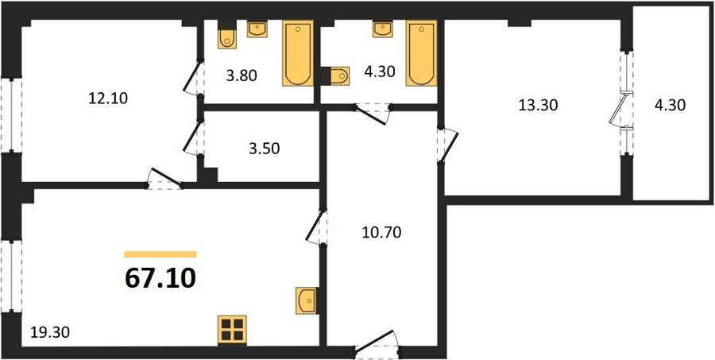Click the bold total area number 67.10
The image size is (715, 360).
click(x=160, y=278)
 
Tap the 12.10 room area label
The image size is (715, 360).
click(x=108, y=98)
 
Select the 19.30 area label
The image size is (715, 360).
click(x=50, y=333)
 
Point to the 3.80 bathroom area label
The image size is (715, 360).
click(x=242, y=75)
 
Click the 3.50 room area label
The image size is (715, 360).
click(x=265, y=149)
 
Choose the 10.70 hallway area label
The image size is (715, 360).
click(x=381, y=233)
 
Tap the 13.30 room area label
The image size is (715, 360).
click(x=538, y=106)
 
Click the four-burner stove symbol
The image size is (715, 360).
click(x=232, y=330)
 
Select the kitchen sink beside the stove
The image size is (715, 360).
click(x=306, y=300)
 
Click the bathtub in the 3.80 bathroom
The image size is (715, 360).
click(x=298, y=53)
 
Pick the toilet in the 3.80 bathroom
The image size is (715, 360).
click(x=227, y=35)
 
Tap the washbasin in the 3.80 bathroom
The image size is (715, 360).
click(x=257, y=29)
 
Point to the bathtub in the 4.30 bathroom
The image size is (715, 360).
click(x=422, y=53)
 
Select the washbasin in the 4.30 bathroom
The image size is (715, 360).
click(x=383, y=29)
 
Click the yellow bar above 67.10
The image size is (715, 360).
click(x=160, y=254)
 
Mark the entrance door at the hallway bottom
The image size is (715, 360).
click(x=377, y=346)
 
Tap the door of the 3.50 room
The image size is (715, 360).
click(x=194, y=137)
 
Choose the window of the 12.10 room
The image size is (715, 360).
click(x=11, y=114)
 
